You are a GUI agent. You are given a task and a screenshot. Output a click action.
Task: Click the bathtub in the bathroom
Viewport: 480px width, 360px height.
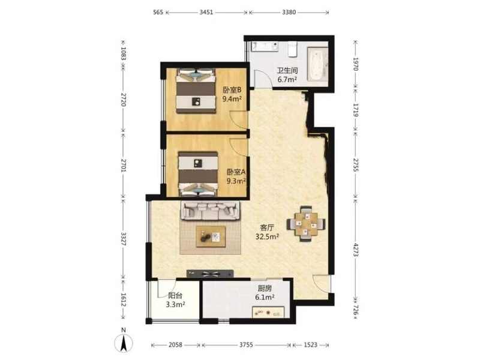[317, 64]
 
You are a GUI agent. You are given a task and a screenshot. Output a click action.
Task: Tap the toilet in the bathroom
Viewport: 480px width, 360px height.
[293, 49]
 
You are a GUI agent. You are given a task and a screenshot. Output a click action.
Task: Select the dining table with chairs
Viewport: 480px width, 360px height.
[306, 223]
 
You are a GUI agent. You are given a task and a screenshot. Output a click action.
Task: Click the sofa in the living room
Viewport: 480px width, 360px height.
[211, 211]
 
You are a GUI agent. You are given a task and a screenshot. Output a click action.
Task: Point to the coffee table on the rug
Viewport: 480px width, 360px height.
[211, 236]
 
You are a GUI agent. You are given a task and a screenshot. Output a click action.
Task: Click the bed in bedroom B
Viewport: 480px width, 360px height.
[196, 91]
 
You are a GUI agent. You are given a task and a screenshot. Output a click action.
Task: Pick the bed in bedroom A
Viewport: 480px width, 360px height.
[198, 173]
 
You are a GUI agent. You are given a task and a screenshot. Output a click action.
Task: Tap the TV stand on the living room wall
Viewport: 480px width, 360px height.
[210, 274]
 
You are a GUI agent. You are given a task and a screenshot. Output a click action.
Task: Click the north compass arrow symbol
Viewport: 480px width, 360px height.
[124, 342]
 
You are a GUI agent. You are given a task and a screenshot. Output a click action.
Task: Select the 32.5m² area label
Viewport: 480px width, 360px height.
[267, 236]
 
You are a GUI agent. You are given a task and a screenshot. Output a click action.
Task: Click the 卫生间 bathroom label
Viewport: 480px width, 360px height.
[287, 70]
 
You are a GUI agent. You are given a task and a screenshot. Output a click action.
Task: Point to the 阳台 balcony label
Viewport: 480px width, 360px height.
[175, 296]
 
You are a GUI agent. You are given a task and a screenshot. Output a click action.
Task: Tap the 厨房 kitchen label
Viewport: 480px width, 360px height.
[265, 289]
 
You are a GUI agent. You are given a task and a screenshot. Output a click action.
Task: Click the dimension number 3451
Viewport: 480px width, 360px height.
[206, 12]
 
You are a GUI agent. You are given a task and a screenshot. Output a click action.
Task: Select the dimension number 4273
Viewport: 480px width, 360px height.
[356, 250]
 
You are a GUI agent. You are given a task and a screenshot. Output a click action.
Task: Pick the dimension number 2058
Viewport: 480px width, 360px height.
[175, 345]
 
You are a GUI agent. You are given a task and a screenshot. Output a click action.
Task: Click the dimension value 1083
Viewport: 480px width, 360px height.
[124, 53]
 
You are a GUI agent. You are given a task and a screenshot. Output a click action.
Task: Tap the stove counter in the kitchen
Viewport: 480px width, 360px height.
[268, 312]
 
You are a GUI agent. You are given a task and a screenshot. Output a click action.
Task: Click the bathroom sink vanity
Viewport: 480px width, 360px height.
[265, 47]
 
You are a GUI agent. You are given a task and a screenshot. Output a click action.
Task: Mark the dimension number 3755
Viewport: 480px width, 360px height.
[246, 345]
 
